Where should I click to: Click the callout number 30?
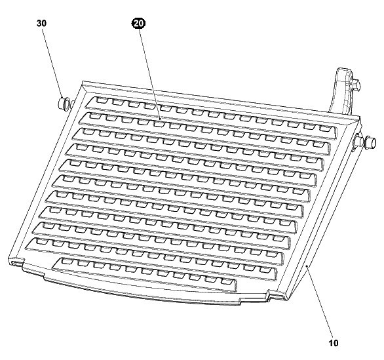41,24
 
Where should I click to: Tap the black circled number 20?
139,24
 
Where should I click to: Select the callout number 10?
333,343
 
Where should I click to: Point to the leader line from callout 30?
52,62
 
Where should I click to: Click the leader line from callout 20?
150,73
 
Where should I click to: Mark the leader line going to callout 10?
320,302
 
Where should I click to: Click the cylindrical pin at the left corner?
63,104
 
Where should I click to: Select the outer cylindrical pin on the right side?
370,143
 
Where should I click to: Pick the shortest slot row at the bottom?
144,275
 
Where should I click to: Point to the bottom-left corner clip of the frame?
16,262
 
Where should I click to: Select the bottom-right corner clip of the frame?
278,295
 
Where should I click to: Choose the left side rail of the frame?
47,172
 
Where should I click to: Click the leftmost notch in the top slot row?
100,100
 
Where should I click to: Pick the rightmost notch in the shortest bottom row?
226,281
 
